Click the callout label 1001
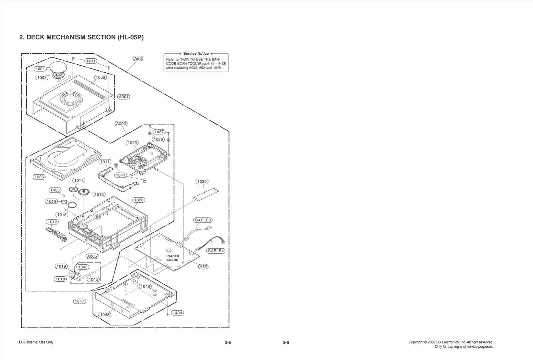[x=40, y=69]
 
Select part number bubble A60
[x=138, y=58]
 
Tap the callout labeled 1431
[x=91, y=61]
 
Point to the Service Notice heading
[x=196, y=53]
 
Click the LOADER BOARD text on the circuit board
[x=172, y=258]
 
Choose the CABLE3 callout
[x=203, y=220]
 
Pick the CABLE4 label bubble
[x=216, y=251]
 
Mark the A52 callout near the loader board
[x=203, y=267]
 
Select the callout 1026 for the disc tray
[x=39, y=177]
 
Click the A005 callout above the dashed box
[x=92, y=256]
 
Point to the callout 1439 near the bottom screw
[x=177, y=313]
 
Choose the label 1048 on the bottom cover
[x=105, y=315]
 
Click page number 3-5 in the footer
[x=228, y=343]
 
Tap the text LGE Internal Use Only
[x=36, y=342]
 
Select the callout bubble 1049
[x=132, y=143]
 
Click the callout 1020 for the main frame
[x=139, y=200]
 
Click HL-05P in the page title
[x=130, y=37]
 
